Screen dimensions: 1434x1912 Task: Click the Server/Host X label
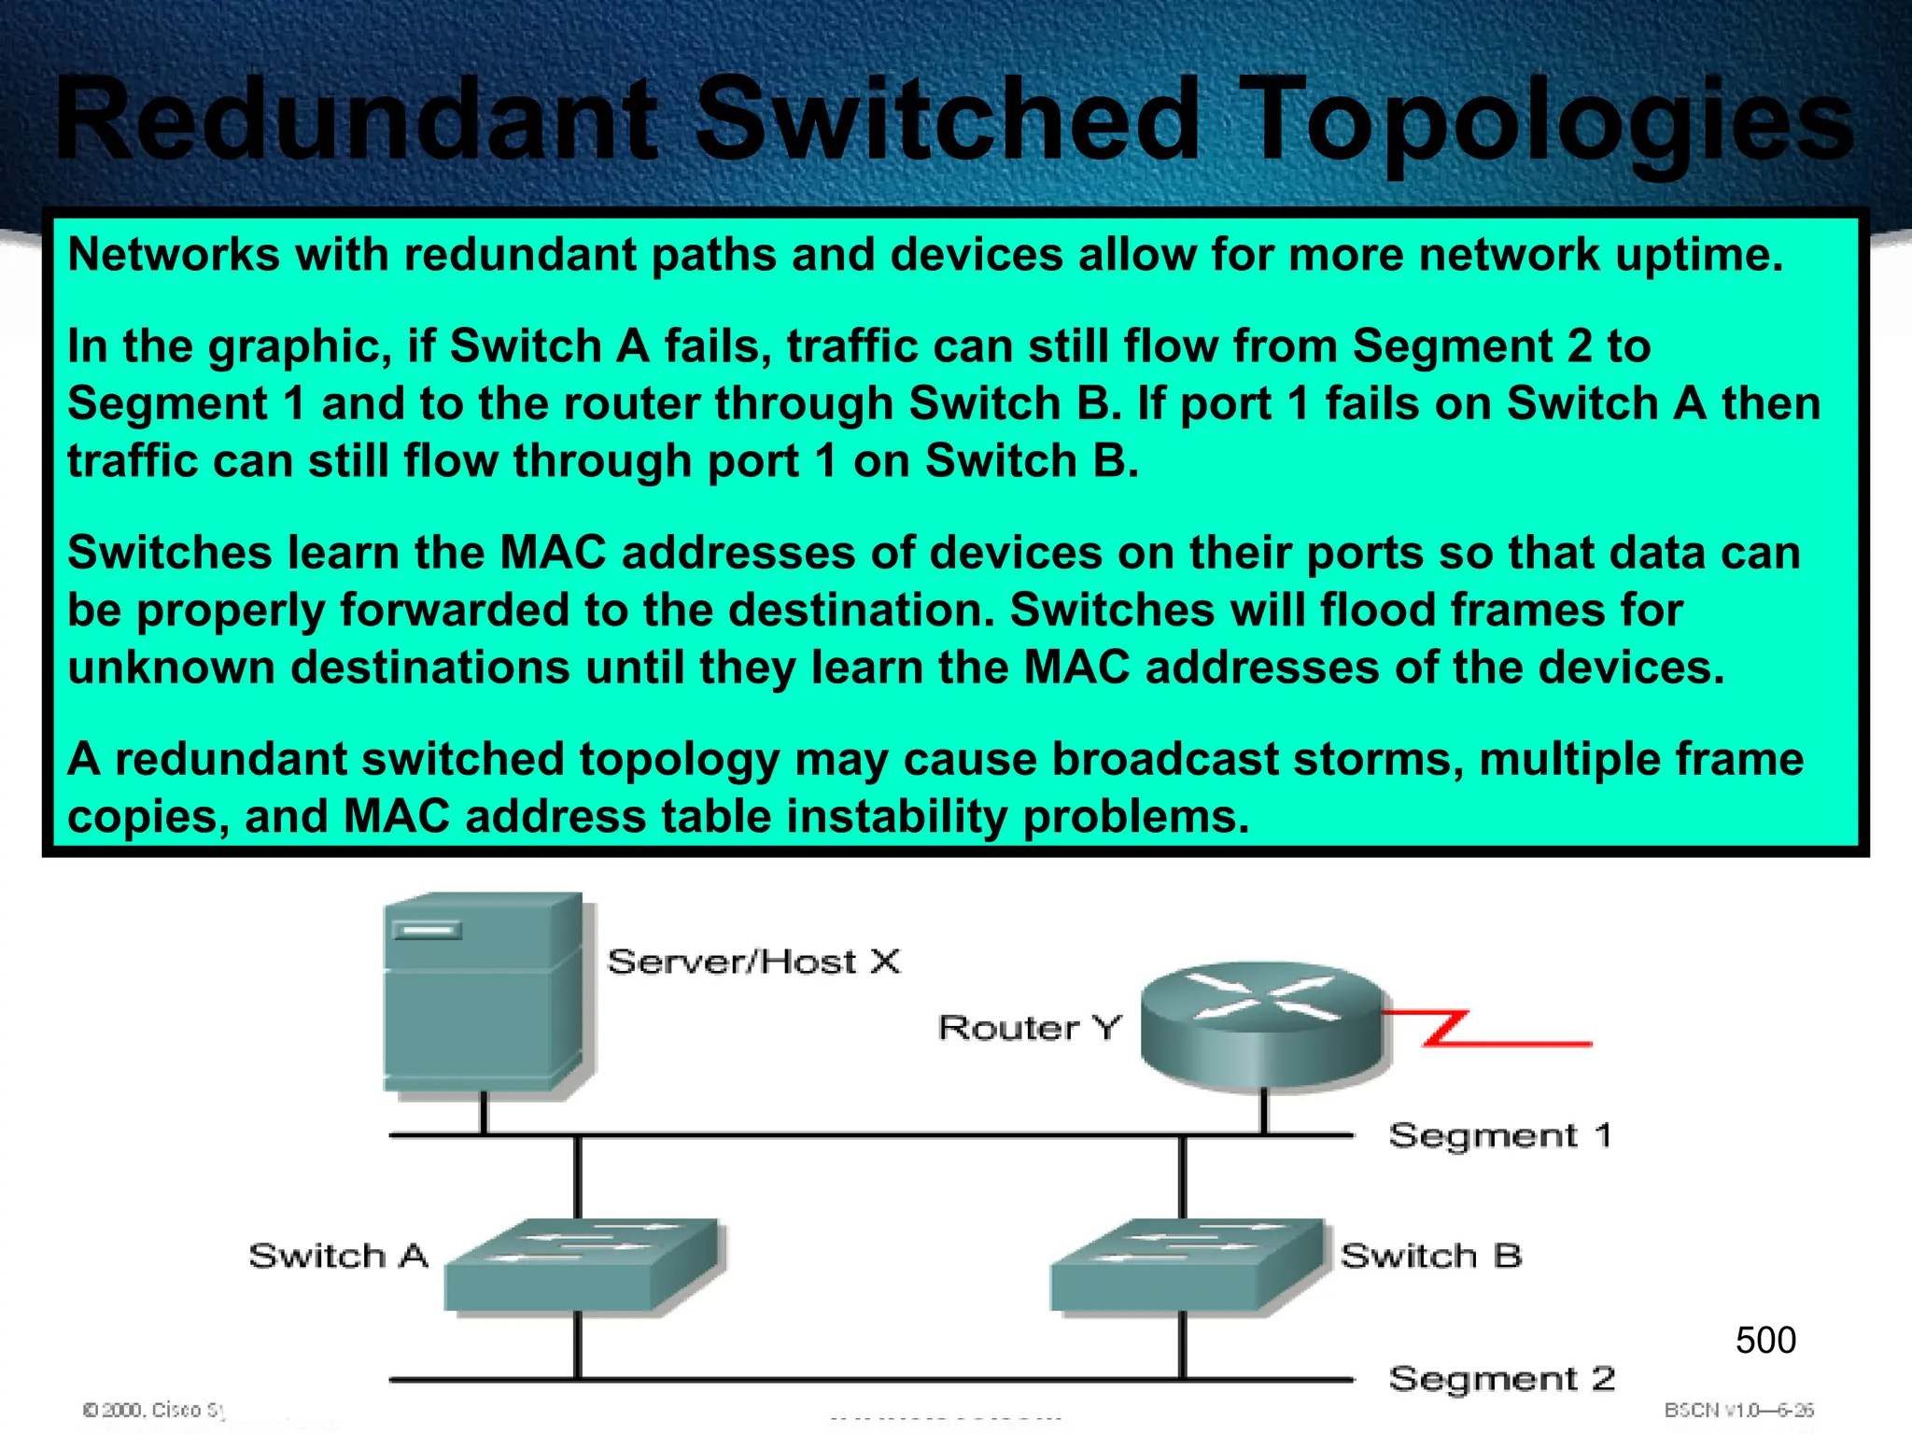click(x=753, y=962)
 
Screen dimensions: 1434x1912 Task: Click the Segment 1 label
click(x=1499, y=1136)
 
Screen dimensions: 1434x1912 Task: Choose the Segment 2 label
click(x=1501, y=1379)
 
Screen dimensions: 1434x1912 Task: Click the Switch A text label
click(x=338, y=1256)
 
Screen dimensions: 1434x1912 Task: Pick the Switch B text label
click(x=1430, y=1256)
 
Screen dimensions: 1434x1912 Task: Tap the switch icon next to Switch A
click(x=583, y=1265)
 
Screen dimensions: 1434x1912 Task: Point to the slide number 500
click(x=1765, y=1341)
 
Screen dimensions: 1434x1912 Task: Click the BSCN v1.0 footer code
click(x=1738, y=1410)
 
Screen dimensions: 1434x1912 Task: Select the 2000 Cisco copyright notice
click(x=154, y=1410)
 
